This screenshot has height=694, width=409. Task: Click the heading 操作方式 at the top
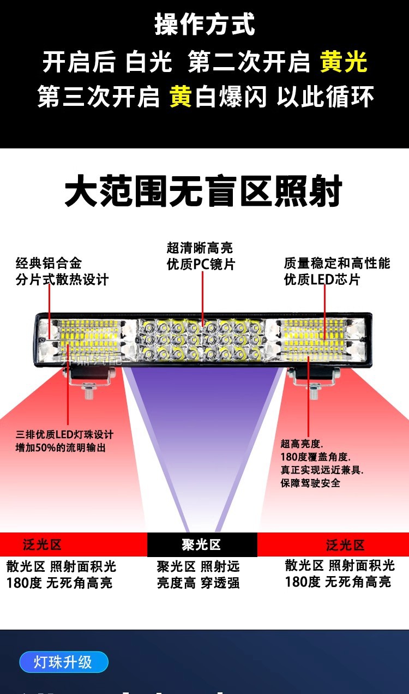click(x=204, y=25)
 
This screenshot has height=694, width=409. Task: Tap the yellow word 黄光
click(x=344, y=62)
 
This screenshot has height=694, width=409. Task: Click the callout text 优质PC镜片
click(x=201, y=265)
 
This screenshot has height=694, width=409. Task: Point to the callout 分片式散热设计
click(x=62, y=279)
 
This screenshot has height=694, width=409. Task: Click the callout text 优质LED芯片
click(x=322, y=279)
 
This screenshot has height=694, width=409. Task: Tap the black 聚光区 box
click(x=202, y=545)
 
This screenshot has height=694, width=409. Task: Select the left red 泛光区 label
click(x=43, y=545)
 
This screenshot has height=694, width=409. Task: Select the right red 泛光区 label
click(x=345, y=545)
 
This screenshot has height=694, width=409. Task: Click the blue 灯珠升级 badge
click(x=63, y=662)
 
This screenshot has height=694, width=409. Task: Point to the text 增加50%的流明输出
click(x=61, y=448)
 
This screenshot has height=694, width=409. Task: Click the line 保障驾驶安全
click(x=310, y=483)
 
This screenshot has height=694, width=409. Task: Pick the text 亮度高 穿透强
click(x=199, y=583)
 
